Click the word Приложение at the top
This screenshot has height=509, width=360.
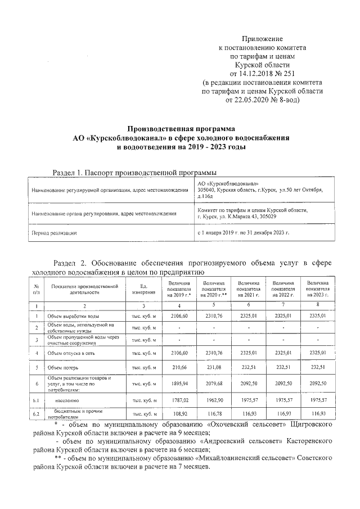point(262,38)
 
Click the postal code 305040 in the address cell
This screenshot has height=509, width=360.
point(208,190)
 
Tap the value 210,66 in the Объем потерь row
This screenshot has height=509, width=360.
point(179,367)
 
